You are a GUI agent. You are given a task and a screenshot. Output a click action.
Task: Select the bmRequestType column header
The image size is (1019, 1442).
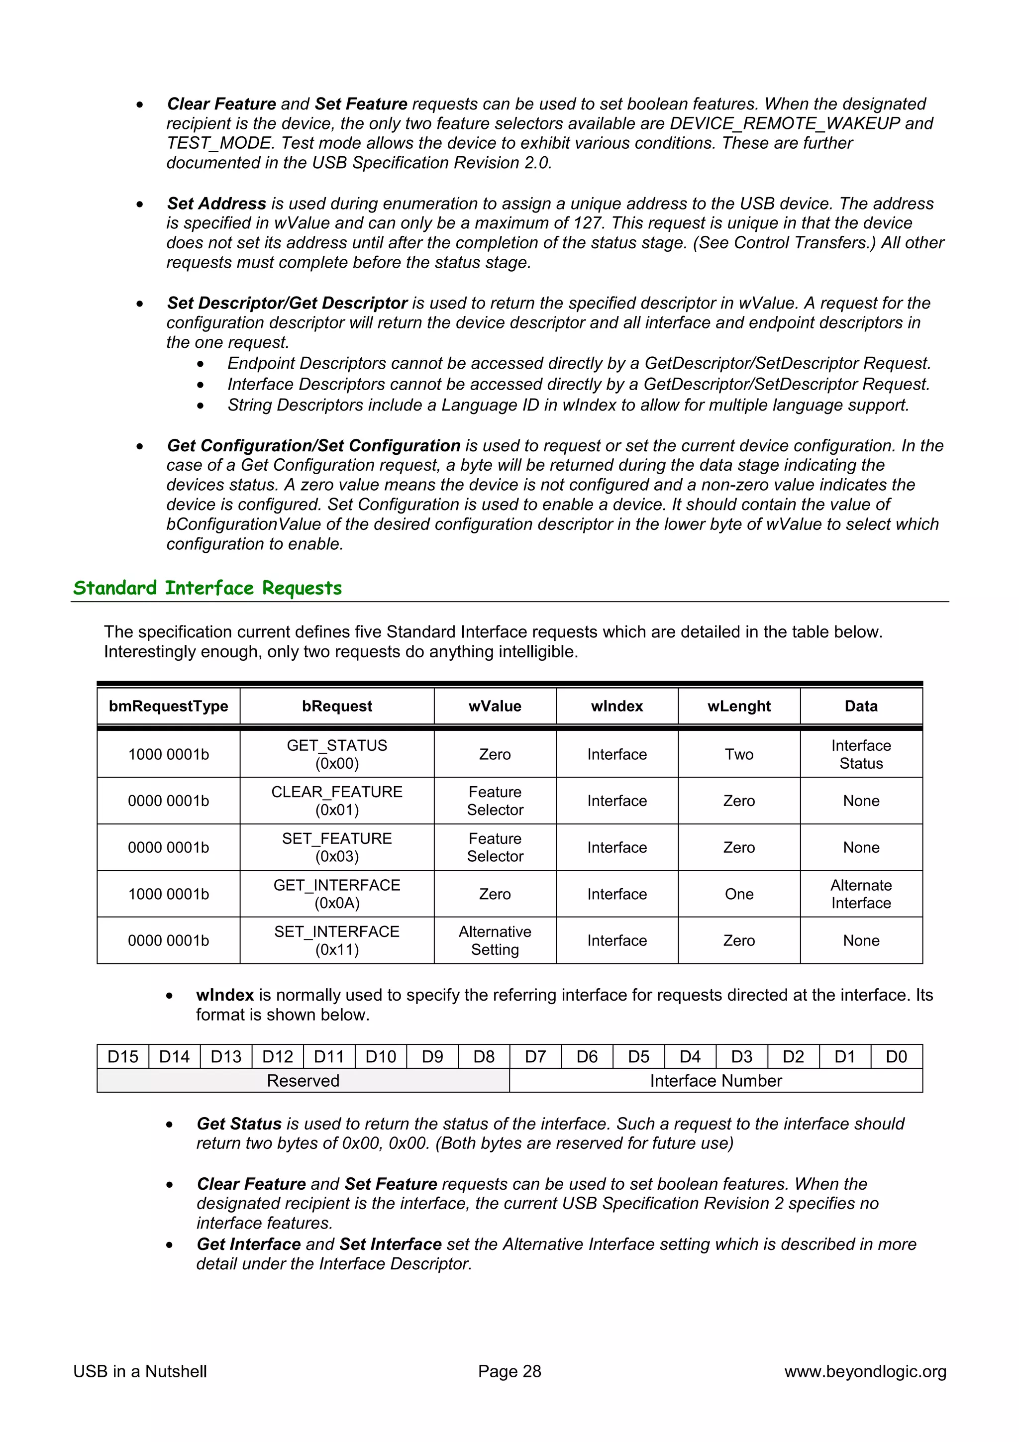tap(168, 706)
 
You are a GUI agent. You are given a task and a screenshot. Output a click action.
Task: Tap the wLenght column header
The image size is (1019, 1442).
tap(739, 706)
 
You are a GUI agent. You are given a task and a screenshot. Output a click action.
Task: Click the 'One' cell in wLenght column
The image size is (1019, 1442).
tap(739, 894)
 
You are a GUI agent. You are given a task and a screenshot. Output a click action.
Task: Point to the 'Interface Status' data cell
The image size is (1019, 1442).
tap(861, 754)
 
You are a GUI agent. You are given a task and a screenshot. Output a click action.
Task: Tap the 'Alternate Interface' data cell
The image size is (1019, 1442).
tap(861, 894)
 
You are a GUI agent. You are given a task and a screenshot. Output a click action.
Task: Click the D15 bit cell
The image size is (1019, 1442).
tap(123, 1056)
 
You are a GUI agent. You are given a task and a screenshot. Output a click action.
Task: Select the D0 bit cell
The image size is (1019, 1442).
tap(896, 1056)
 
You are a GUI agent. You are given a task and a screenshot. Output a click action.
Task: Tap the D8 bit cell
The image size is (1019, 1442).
tap(484, 1056)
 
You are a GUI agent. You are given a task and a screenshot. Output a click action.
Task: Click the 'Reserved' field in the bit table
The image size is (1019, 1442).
tap(303, 1080)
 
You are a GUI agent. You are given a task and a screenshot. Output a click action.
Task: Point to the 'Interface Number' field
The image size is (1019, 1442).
tap(716, 1080)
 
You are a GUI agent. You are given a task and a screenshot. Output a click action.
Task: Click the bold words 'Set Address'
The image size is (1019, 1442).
tap(216, 204)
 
